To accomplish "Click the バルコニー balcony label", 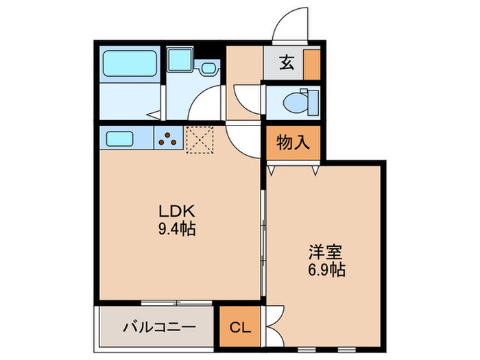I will [x=160, y=328].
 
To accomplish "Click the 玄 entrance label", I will [x=287, y=64].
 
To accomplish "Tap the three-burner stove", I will [x=169, y=139].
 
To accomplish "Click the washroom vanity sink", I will [x=208, y=69].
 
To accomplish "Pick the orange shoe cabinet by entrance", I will [x=312, y=64].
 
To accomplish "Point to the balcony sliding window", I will [x=178, y=302].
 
